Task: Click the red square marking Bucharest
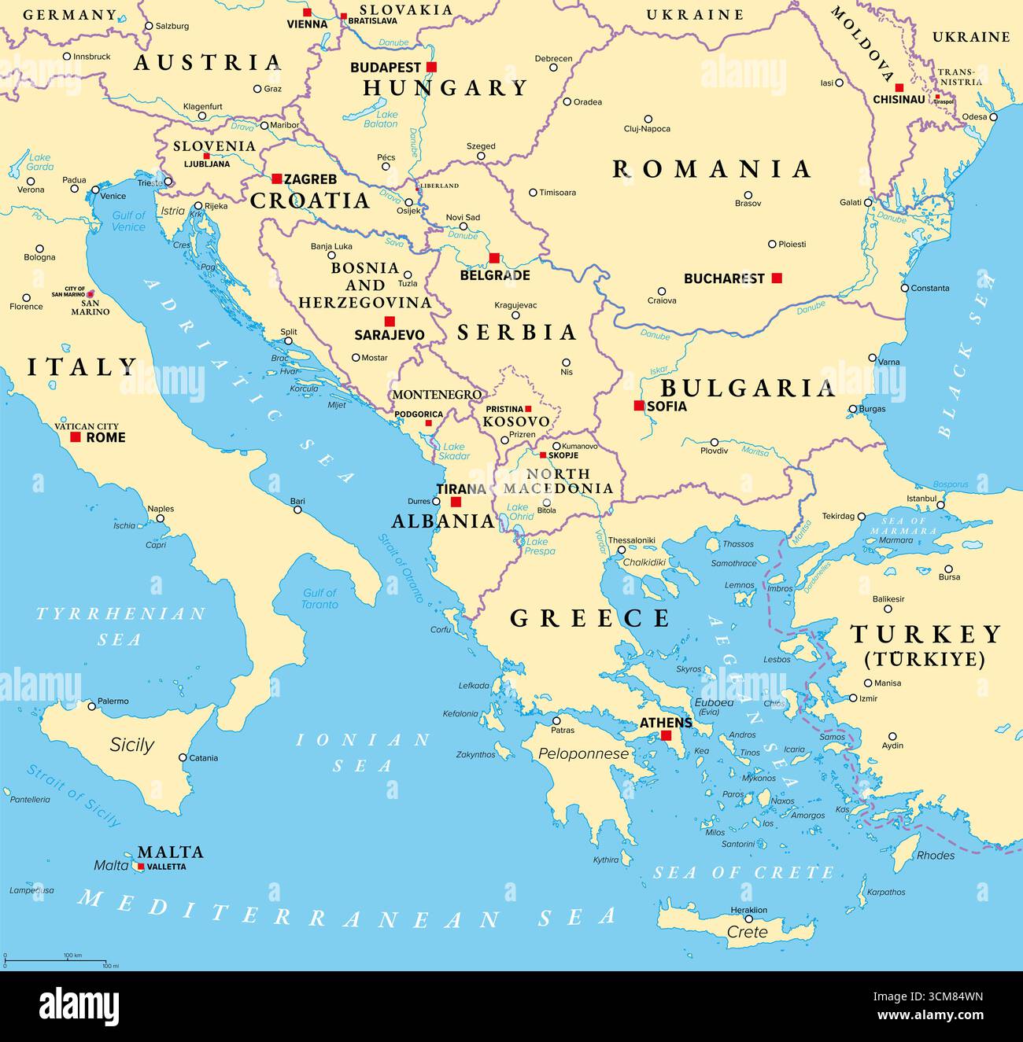(777, 278)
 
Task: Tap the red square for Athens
(667, 735)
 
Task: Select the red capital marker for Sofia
(639, 406)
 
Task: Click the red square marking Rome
(76, 436)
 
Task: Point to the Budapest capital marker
(431, 67)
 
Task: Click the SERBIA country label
(517, 333)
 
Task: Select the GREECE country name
(590, 618)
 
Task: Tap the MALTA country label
(170, 852)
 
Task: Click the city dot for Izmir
(853, 698)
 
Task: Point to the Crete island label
(747, 932)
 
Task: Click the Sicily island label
(131, 745)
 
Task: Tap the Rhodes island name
(936, 855)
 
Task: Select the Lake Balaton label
(382, 119)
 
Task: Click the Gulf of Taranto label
(319, 598)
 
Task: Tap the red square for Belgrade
(494, 258)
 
